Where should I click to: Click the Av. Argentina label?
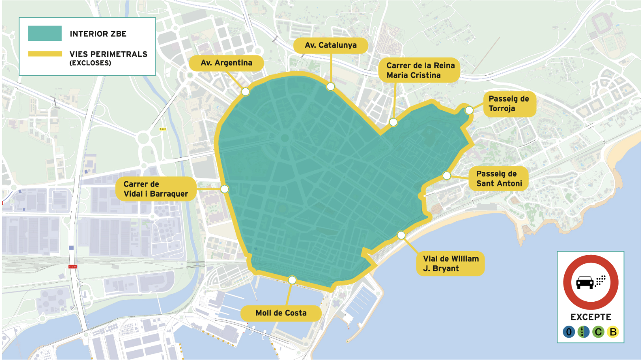(226, 63)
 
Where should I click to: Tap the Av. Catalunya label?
(331, 45)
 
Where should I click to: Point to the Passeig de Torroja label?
(509, 104)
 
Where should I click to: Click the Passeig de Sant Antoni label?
(498, 179)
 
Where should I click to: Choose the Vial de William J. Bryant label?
(450, 264)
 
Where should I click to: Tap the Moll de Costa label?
(281, 313)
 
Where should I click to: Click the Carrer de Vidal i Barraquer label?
(155, 189)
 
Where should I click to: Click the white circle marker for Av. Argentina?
(245, 92)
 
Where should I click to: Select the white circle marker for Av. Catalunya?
(331, 87)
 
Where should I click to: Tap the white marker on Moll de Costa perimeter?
(292, 280)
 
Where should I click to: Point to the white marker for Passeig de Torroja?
(469, 110)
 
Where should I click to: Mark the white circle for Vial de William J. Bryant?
(401, 235)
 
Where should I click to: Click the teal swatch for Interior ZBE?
(45, 34)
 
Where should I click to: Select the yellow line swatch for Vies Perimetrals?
(45, 54)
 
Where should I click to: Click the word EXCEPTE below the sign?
(591, 317)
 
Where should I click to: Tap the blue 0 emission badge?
(569, 332)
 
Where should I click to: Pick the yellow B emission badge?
(613, 332)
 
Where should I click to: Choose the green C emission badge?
(598, 332)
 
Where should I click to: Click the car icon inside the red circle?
(585, 282)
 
